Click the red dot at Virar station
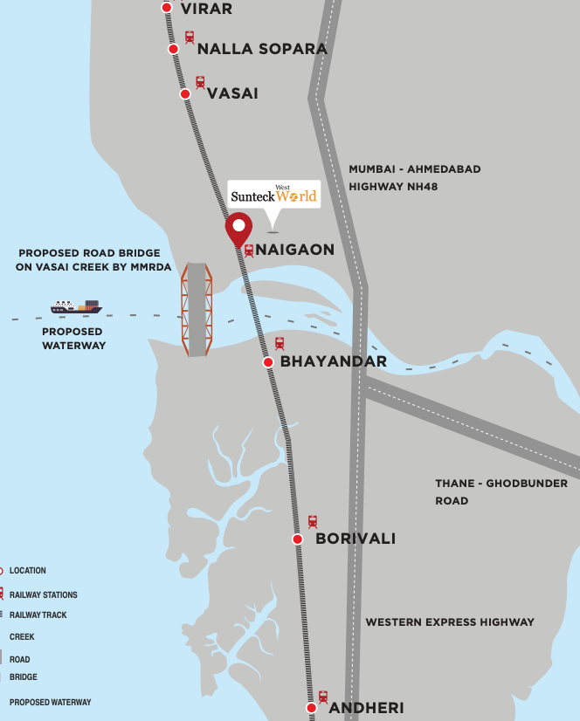click(167, 8)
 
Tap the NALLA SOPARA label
click(262, 49)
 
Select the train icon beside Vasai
click(200, 82)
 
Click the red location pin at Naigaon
click(238, 228)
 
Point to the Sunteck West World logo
click(273, 194)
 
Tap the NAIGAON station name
click(294, 250)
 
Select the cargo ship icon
click(76, 306)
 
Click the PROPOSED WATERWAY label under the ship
click(74, 339)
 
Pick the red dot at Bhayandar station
click(269, 361)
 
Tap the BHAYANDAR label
click(333, 361)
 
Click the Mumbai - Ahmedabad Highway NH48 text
click(414, 177)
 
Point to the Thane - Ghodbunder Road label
click(501, 491)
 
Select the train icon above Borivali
click(312, 521)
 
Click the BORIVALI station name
click(355, 539)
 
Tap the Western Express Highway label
click(449, 622)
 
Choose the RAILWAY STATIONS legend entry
click(43, 595)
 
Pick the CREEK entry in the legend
click(22, 637)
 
